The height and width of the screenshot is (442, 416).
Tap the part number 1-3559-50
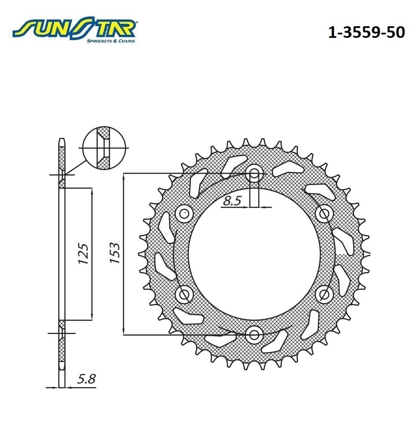tap(366, 32)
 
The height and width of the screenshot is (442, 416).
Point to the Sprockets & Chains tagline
tap(111, 41)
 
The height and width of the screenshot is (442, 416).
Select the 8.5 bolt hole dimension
tap(232, 201)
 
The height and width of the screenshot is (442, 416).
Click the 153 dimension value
tap(115, 253)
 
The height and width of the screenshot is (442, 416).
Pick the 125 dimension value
tap(83, 253)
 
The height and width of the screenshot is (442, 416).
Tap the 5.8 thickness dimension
tap(86, 379)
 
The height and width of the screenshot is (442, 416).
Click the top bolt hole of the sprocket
tap(254, 173)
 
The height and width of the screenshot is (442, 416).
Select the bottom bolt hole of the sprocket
tap(254, 335)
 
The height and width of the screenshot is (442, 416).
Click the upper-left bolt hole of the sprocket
tap(184, 214)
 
